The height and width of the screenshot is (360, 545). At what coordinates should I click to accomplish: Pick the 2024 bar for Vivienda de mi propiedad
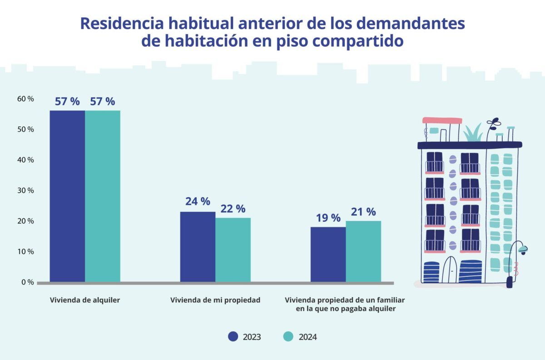click(x=233, y=250)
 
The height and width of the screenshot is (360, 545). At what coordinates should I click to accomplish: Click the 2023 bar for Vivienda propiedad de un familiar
click(x=328, y=254)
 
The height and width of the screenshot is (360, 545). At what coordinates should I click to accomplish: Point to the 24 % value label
click(x=198, y=201)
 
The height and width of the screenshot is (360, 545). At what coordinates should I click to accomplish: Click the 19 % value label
click(x=328, y=218)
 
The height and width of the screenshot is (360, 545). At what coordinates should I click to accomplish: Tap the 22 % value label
click(x=233, y=209)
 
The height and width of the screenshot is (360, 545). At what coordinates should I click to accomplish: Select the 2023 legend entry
click(x=245, y=337)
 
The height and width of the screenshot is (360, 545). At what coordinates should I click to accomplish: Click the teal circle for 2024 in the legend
click(x=289, y=337)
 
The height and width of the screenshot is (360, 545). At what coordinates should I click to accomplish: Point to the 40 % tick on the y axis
click(x=25, y=160)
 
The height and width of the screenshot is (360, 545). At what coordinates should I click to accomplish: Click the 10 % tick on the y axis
click(x=25, y=251)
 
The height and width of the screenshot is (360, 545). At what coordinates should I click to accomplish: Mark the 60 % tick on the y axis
click(x=25, y=99)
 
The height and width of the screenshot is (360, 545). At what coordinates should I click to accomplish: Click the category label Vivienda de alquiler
click(x=85, y=300)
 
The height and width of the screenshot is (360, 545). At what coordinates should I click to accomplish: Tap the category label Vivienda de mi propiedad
click(x=215, y=300)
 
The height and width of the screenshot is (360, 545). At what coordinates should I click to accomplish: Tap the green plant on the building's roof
click(x=473, y=133)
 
